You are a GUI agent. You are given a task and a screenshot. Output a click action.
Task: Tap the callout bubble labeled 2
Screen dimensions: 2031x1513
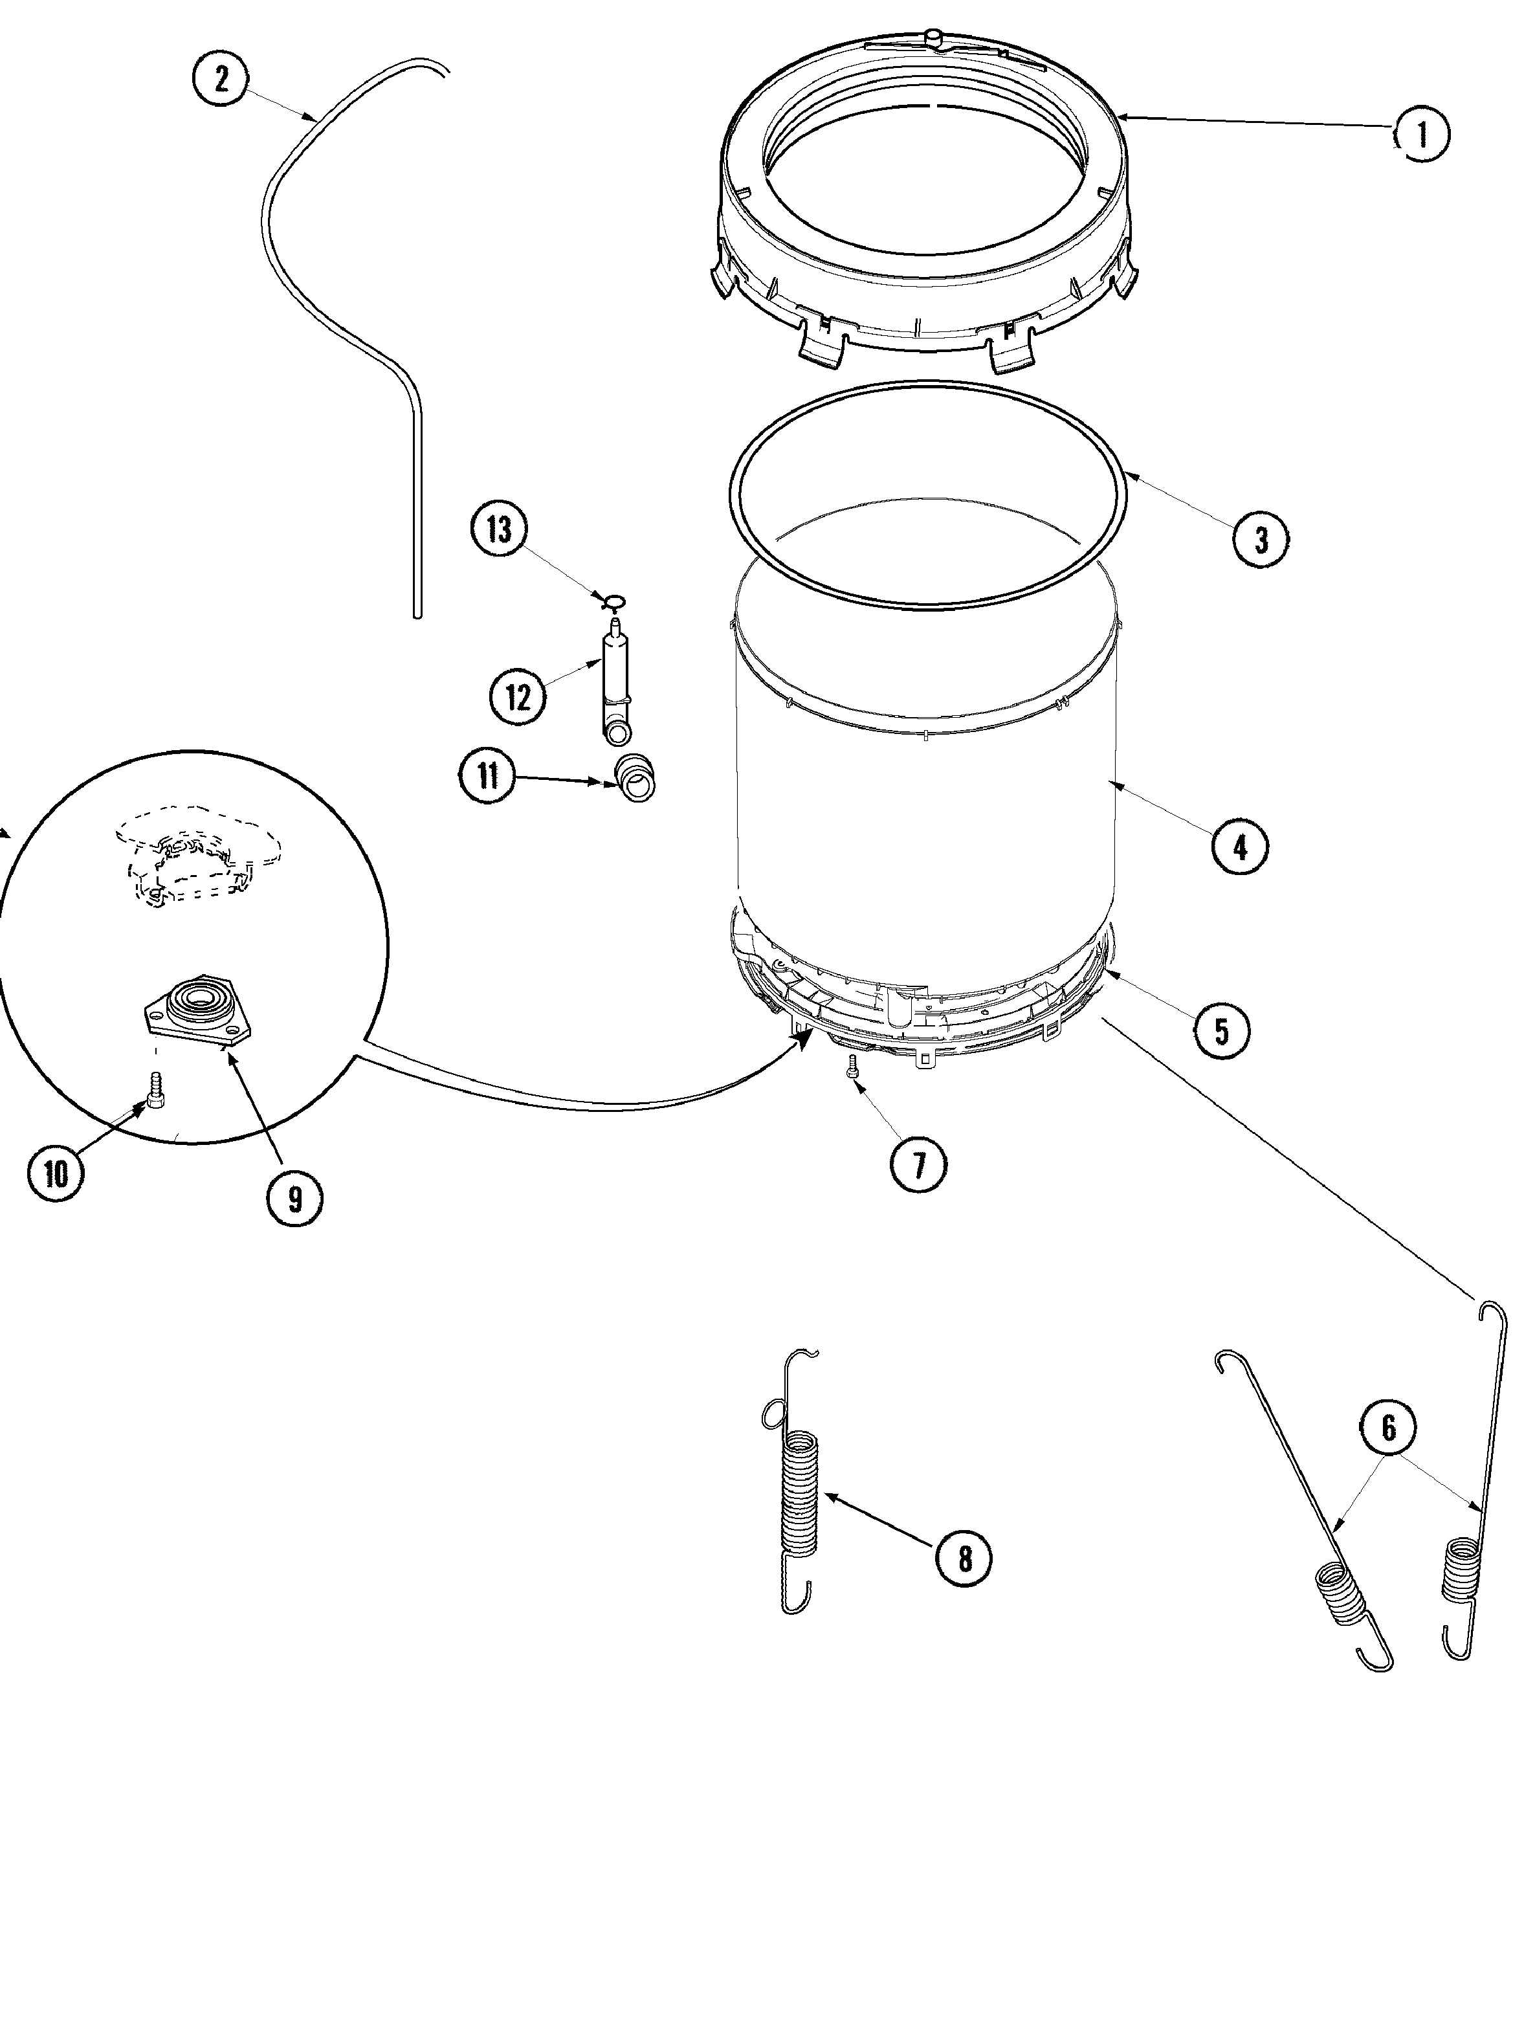click(221, 79)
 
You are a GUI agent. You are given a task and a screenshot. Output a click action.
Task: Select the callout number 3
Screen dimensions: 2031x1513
click(1261, 540)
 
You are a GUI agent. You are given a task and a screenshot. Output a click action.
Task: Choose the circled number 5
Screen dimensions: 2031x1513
click(1222, 1030)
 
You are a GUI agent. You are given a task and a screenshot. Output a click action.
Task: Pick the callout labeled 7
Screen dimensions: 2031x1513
click(919, 1164)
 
